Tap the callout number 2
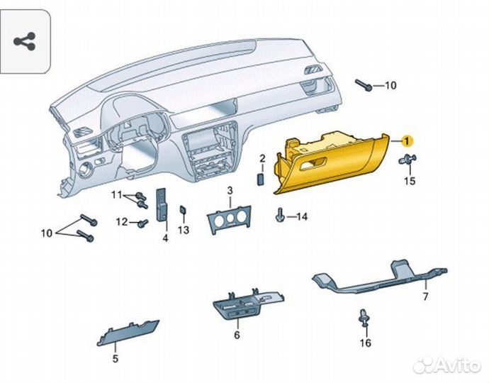tap(262, 157)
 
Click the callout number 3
tap(230, 191)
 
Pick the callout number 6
tap(237, 335)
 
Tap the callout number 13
tap(184, 231)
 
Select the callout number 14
tap(302, 216)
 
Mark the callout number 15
tap(409, 182)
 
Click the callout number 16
tap(365, 344)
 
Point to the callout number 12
tap(122, 222)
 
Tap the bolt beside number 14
tap(282, 213)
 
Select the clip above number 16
tap(365, 319)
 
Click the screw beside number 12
tap(141, 223)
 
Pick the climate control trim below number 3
tap(229, 221)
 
